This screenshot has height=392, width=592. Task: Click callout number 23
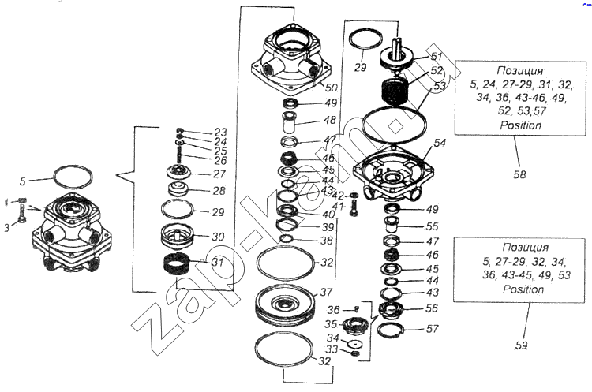219,132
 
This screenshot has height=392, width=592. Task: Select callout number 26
219,160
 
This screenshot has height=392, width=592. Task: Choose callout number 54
440,143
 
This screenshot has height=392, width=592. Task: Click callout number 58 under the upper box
519,174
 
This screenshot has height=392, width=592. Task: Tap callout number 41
337,207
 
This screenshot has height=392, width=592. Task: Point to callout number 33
332,349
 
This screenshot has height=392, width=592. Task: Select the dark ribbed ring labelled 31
179,267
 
